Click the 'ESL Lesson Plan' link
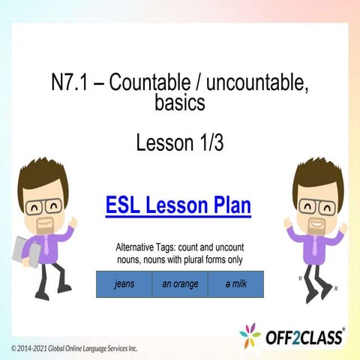[178, 205]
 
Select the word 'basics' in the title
[180, 103]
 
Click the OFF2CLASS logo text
[304, 337]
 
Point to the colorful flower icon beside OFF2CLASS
[250, 335]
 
